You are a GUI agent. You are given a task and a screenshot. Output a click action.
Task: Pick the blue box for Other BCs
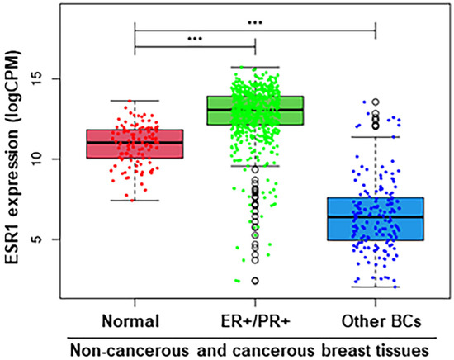click(376, 219)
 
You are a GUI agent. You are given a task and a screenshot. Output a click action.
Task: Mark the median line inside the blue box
click(376, 217)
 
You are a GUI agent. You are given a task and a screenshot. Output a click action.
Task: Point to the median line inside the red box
click(135, 142)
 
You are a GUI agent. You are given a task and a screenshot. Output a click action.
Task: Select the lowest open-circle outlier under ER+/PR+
click(255, 282)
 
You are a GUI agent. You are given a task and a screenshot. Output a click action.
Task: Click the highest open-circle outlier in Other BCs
click(376, 102)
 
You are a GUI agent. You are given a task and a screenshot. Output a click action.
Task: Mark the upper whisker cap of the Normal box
click(135, 101)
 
